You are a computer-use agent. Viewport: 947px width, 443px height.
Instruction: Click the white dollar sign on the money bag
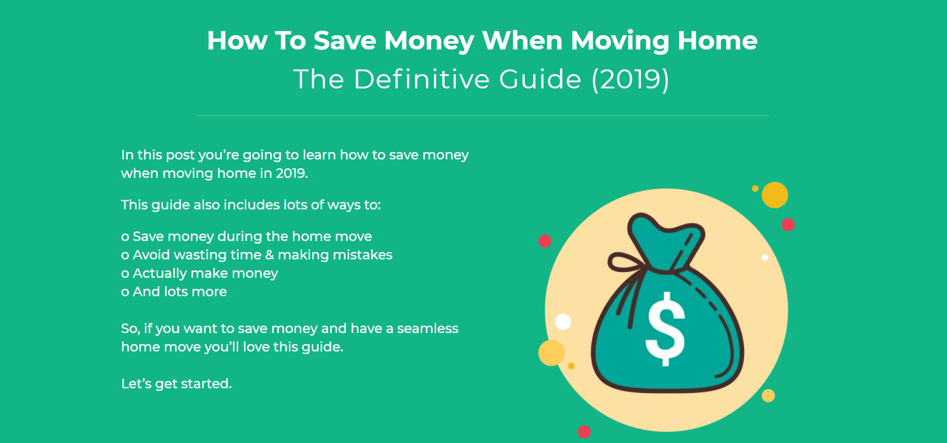pos(666,329)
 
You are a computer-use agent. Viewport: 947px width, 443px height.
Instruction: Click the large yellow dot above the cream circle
pos(775,195)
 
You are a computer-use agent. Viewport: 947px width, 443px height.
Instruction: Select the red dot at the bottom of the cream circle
pos(584,432)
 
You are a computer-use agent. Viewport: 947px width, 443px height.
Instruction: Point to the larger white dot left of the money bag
pos(563,321)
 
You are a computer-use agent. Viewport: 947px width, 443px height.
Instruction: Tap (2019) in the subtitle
pos(630,80)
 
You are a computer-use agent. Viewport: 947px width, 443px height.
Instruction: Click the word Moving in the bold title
pos(620,42)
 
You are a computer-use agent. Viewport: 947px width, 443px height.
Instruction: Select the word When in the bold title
pos(522,41)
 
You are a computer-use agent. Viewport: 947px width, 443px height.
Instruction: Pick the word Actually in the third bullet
pos(160,274)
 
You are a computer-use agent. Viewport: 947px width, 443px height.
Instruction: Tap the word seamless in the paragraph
pos(427,328)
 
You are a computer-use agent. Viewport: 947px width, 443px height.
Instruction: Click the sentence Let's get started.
pos(177,384)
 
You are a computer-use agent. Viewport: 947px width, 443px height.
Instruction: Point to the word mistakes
pos(363,255)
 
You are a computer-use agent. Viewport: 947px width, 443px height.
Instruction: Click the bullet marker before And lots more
pos(125,293)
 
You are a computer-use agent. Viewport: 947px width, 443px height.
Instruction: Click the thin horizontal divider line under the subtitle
pos(482,115)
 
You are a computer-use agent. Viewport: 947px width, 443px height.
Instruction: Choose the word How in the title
pos(237,41)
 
